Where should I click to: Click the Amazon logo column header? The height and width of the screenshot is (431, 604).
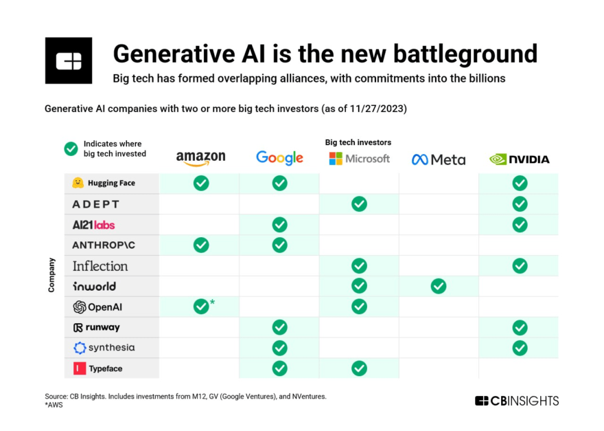click(200, 158)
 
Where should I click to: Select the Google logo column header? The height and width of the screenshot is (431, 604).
click(279, 158)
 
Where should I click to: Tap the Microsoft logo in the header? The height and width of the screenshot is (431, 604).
click(359, 159)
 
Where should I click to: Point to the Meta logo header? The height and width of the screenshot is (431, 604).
click(438, 159)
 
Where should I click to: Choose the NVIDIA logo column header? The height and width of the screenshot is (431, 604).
click(520, 159)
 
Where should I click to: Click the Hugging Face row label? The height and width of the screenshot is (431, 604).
click(104, 184)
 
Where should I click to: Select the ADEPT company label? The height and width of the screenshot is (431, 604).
click(96, 204)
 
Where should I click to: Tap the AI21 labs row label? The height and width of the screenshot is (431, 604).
click(93, 225)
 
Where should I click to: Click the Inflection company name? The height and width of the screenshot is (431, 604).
click(100, 266)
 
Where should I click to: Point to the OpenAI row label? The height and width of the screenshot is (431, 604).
click(98, 307)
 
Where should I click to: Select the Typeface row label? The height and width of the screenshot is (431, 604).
click(97, 368)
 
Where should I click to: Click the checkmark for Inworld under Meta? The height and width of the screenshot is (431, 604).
click(438, 286)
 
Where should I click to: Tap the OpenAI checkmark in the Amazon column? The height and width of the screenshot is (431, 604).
click(201, 307)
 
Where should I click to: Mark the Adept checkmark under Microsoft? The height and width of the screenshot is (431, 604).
click(359, 203)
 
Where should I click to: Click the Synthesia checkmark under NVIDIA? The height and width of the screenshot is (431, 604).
click(520, 348)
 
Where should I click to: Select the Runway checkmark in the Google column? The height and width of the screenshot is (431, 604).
click(279, 327)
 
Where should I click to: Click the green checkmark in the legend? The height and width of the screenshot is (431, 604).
click(71, 148)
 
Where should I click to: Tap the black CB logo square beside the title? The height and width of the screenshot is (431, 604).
click(69, 60)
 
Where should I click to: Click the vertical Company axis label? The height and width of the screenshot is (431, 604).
click(51, 275)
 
